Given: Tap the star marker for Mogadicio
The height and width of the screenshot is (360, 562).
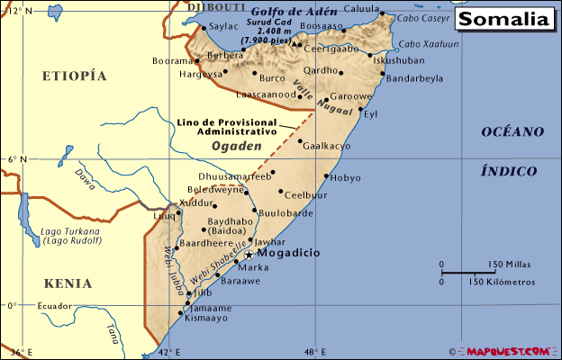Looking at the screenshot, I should click(x=249, y=255).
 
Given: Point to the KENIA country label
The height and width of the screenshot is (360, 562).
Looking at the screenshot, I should click(x=67, y=283).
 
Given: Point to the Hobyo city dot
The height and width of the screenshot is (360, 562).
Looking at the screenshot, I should click(x=326, y=175).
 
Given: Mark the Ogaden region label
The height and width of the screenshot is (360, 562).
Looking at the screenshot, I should click(x=236, y=145).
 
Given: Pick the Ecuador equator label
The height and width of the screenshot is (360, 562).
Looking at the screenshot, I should click(x=53, y=307).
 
